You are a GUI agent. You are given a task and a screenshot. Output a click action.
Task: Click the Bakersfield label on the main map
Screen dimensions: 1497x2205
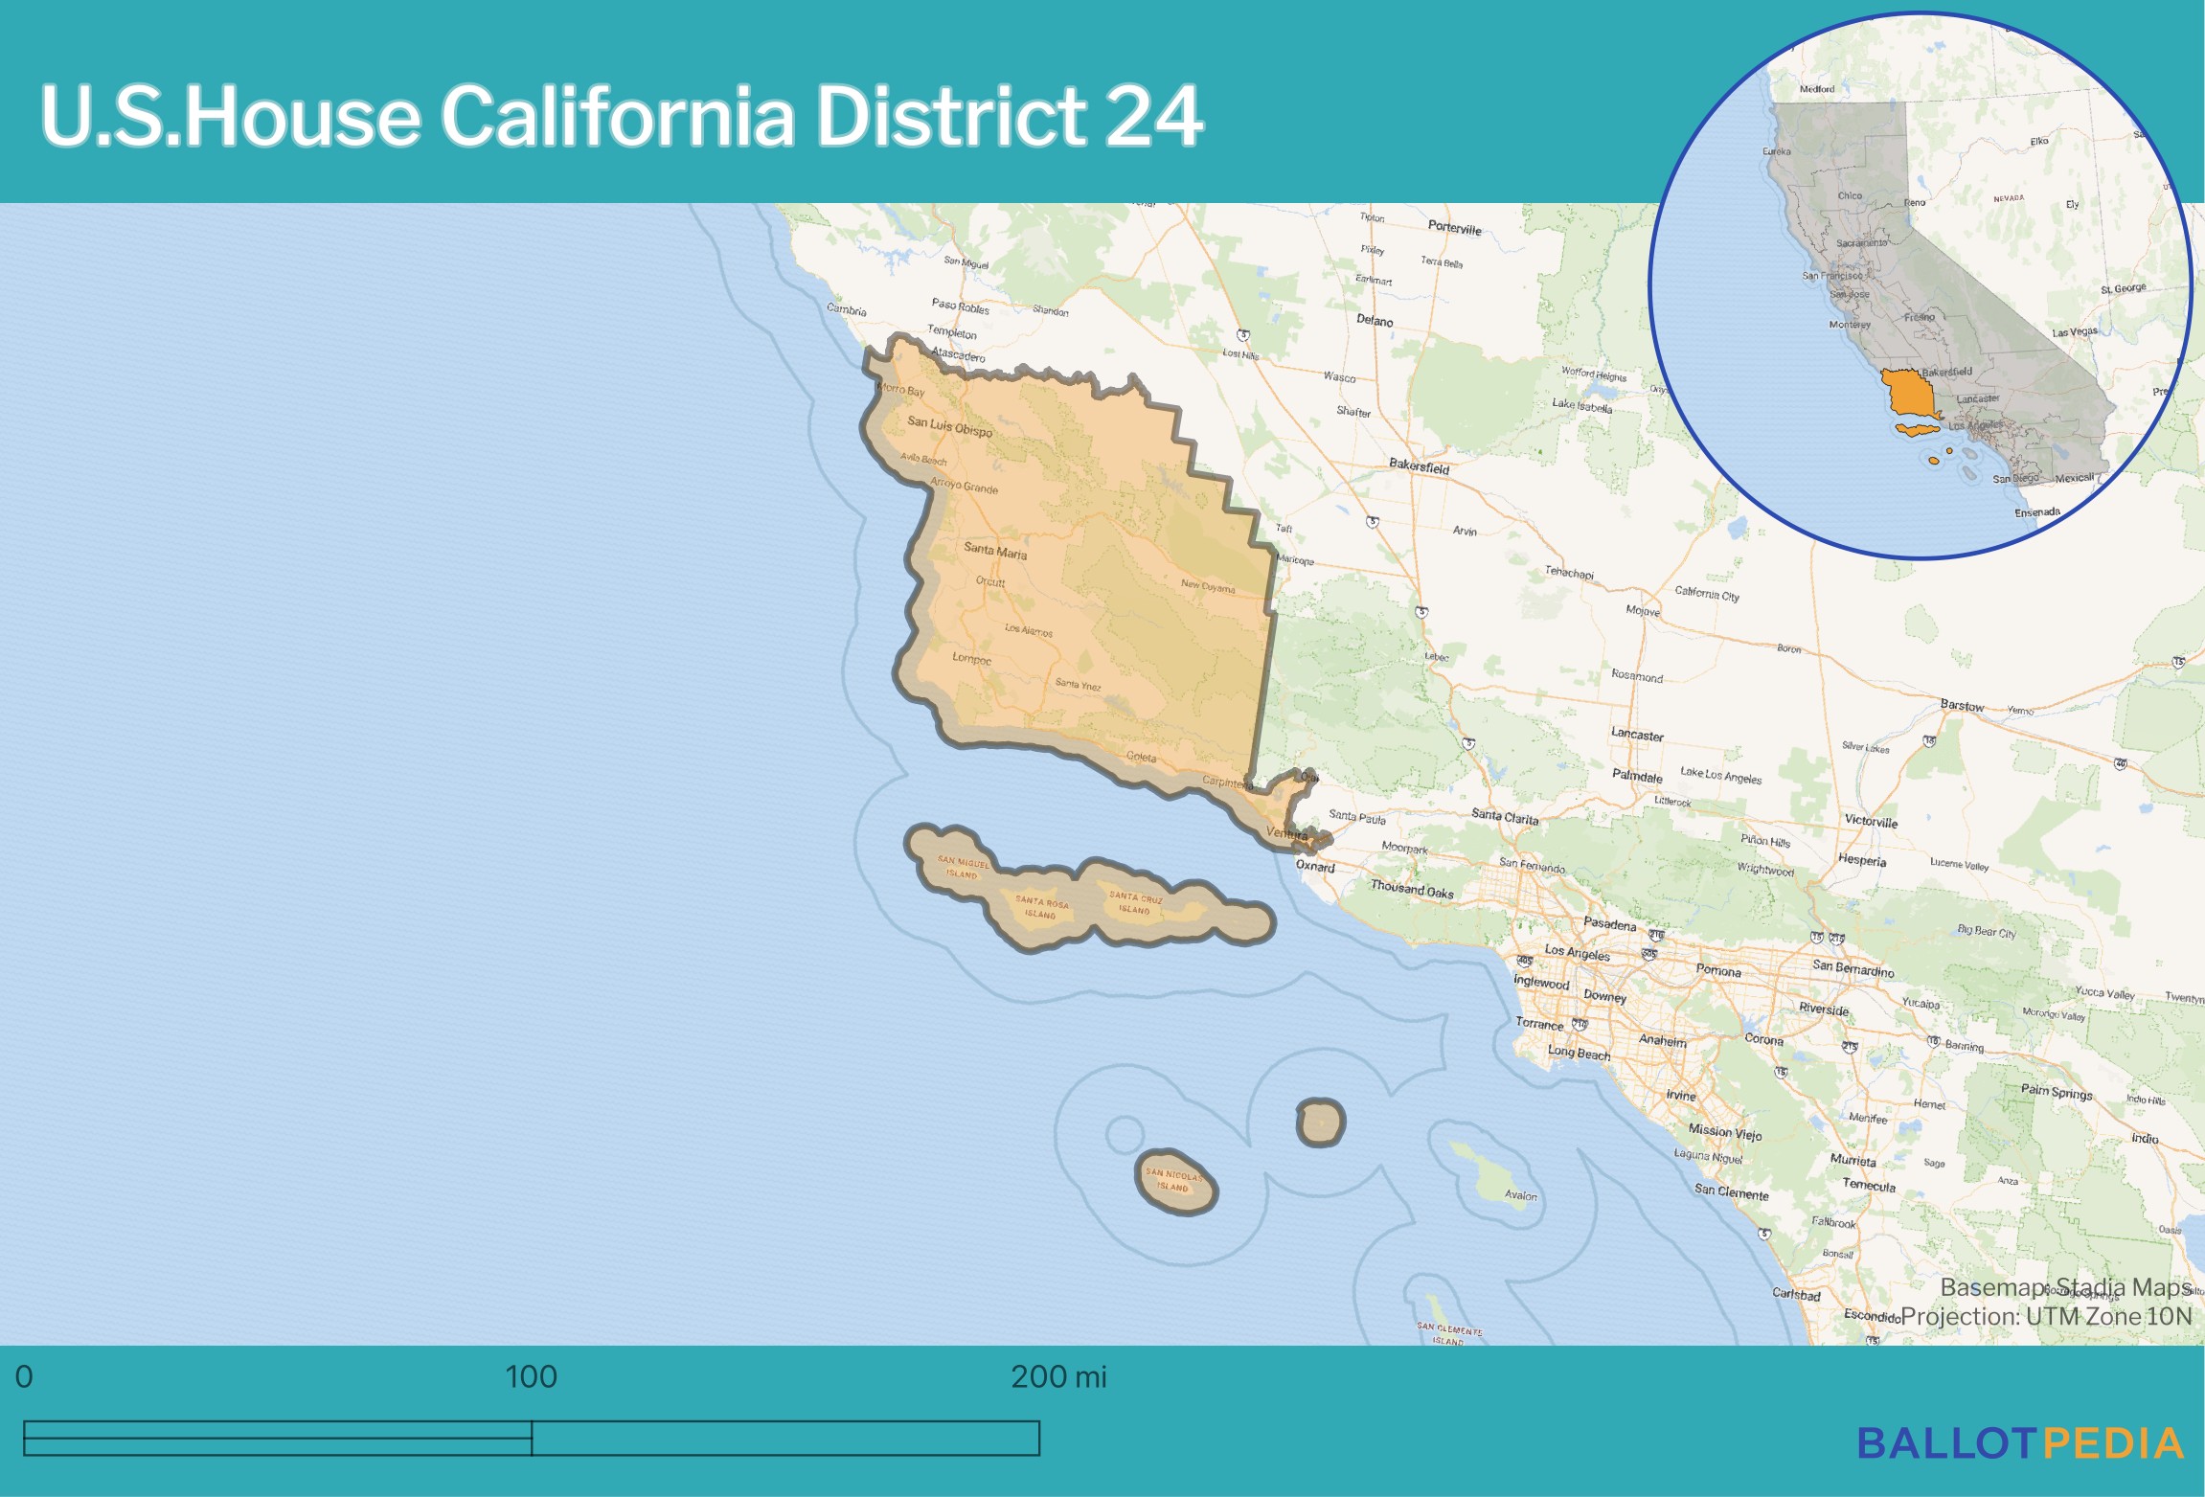[x=1419, y=466]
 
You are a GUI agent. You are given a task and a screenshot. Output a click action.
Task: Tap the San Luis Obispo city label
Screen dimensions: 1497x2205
[x=949, y=426]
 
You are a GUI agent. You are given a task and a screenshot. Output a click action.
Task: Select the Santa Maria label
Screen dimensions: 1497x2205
[x=994, y=551]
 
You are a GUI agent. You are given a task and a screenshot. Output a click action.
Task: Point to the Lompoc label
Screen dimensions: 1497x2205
[x=971, y=658]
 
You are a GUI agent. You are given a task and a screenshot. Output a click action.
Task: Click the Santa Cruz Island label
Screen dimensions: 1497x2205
[x=1135, y=903]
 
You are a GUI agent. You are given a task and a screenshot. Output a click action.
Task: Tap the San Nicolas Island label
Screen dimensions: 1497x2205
[x=1172, y=1180]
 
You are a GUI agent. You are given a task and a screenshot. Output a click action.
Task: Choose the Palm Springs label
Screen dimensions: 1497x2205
[x=2057, y=1092]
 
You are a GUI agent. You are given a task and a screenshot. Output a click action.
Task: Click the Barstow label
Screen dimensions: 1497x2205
[x=1962, y=705]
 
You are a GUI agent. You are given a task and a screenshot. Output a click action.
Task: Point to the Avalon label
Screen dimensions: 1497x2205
[x=1520, y=1195]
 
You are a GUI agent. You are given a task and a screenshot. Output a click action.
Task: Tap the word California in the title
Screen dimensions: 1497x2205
[x=617, y=116]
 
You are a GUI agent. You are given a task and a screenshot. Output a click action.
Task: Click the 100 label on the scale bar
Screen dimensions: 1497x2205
[x=531, y=1377]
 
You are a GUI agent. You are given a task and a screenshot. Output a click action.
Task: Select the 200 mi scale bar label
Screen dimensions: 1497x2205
[x=1057, y=1377]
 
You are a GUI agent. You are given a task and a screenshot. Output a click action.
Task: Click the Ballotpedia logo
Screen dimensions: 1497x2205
[x=2020, y=1443]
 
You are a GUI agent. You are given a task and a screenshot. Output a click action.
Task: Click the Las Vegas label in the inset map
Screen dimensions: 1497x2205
[x=2074, y=332]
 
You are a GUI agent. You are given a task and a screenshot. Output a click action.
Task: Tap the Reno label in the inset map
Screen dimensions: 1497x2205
[x=1915, y=203]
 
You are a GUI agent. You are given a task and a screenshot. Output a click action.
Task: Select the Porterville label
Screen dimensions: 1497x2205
[x=1454, y=228]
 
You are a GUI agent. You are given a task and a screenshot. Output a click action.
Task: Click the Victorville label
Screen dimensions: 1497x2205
[x=1871, y=821]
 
